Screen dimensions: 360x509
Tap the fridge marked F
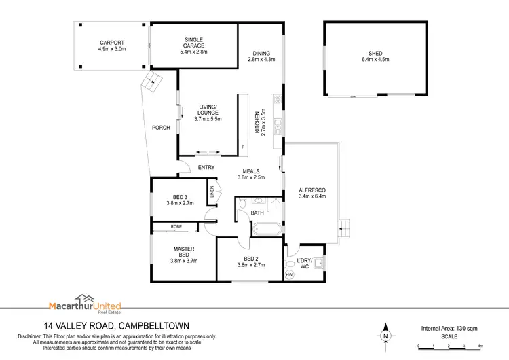(242, 147)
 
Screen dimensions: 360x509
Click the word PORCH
(161, 127)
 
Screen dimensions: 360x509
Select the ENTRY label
(206, 168)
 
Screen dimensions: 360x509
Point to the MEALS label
(250, 172)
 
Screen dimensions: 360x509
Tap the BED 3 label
(181, 197)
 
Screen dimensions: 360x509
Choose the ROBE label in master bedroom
(176, 226)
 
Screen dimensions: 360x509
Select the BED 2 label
(251, 259)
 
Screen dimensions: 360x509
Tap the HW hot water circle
(290, 275)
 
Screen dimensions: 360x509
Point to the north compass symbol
(385, 334)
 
